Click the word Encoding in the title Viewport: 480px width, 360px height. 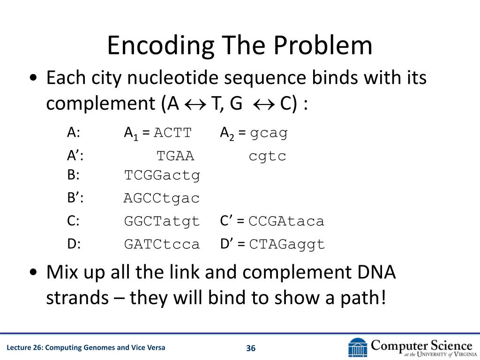[161, 46]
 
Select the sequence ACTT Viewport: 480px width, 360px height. [173, 133]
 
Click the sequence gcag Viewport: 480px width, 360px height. [269, 133]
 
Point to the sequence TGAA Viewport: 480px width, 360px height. [175, 156]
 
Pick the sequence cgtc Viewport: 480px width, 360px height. [267, 156]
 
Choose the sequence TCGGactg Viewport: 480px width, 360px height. [162, 176]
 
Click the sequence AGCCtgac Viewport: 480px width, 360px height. [162, 198]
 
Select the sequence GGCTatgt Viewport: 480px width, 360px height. [162, 221]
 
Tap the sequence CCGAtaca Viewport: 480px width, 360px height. [286, 221]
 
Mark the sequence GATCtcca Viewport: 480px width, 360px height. [162, 244]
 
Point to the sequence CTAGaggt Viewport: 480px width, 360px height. [287, 244]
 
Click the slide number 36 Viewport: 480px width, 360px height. [251, 348]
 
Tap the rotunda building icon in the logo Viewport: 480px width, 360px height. [358, 347]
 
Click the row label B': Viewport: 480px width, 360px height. [75, 198]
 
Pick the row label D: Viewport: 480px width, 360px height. [74, 244]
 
